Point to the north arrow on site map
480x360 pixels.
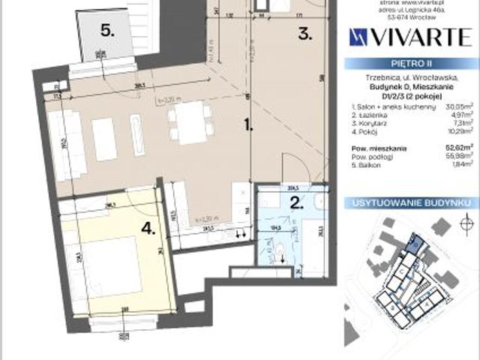(x=465, y=223)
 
